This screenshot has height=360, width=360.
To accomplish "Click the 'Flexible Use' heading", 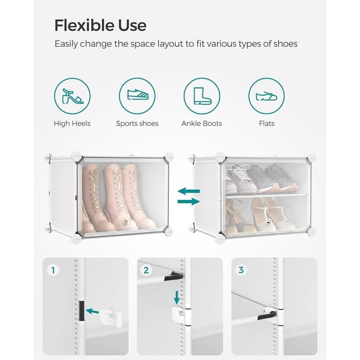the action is pyautogui.click(x=100, y=25).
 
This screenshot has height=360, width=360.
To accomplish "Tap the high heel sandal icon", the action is pyautogui.click(x=73, y=96).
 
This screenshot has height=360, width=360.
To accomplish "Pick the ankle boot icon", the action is pyautogui.click(x=202, y=96).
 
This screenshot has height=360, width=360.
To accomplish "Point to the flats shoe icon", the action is pyautogui.click(x=266, y=96).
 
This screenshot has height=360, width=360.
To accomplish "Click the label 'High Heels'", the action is pyautogui.click(x=72, y=124).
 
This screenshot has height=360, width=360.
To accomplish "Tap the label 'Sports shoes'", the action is pyautogui.click(x=137, y=124).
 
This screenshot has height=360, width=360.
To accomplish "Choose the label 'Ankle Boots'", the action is pyautogui.click(x=202, y=124).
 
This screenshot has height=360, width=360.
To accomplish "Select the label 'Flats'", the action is pyautogui.click(x=267, y=124).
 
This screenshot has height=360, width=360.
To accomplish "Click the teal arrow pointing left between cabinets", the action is pyautogui.click(x=189, y=191).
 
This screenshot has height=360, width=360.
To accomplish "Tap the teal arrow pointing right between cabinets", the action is pyautogui.click(x=188, y=202).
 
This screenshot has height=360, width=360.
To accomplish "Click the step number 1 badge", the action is pyautogui.click(x=53, y=270).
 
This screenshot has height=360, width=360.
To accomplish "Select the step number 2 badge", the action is pyautogui.click(x=146, y=270).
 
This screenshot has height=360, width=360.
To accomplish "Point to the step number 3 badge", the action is pyautogui.click(x=241, y=270).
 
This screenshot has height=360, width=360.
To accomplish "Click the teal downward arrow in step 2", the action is pyautogui.click(x=176, y=298).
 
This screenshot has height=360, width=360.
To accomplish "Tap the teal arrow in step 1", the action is pyautogui.click(x=92, y=311).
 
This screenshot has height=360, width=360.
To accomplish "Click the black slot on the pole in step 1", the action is pyautogui.click(x=82, y=311).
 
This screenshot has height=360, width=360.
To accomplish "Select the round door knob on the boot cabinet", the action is pyautogui.click(x=125, y=222).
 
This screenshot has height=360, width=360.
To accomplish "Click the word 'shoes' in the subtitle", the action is pyautogui.click(x=286, y=44).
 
